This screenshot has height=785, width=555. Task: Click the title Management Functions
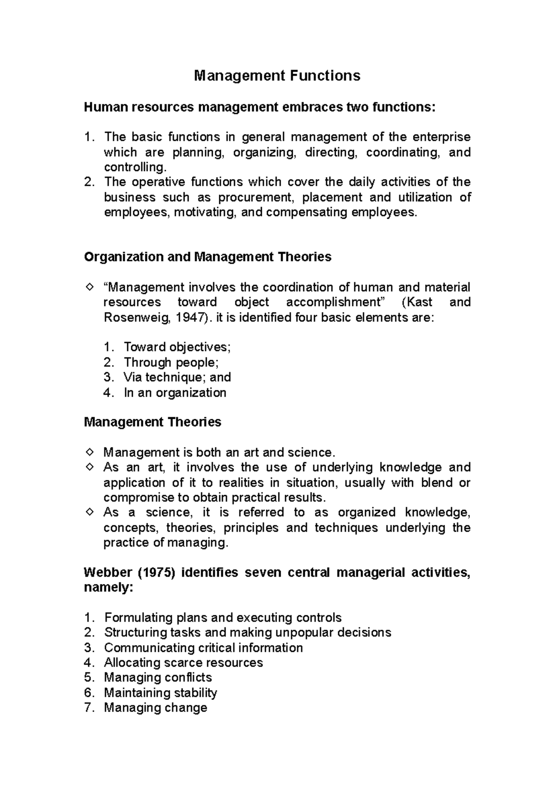(277, 75)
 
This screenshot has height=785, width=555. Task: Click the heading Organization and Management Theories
(208, 257)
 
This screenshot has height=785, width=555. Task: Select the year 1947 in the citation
(190, 318)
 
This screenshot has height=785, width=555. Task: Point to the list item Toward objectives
(177, 347)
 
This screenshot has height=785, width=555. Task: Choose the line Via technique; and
(177, 377)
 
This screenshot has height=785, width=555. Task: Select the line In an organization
(175, 392)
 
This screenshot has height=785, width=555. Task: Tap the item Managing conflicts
(158, 677)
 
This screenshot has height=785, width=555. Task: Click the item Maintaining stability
(160, 693)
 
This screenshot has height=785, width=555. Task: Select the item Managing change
(155, 707)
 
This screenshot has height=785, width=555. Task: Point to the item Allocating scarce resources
(183, 662)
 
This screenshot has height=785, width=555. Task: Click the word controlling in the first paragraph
(134, 167)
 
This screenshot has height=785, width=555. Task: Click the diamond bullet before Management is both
(89, 451)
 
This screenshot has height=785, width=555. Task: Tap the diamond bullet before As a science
(89, 512)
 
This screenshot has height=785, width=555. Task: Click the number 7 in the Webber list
(89, 707)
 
